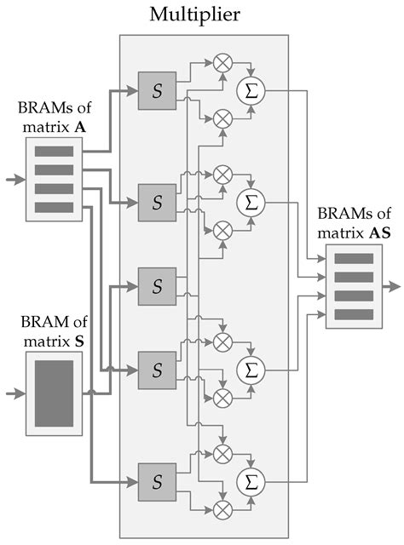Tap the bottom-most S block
[x=157, y=480]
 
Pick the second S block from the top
[x=157, y=203]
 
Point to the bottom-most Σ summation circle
[x=251, y=481]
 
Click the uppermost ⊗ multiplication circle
[x=223, y=63]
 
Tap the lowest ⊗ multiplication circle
[x=223, y=509]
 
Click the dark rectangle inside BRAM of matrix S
[x=54, y=393]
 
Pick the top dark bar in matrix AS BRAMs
[x=354, y=259]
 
